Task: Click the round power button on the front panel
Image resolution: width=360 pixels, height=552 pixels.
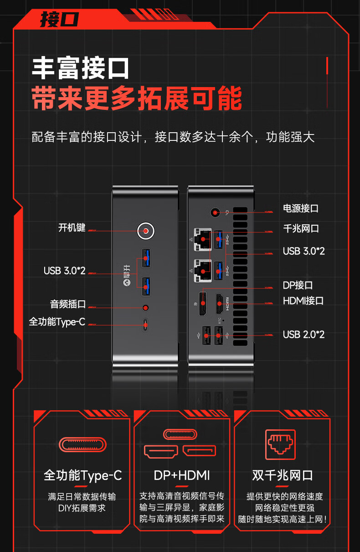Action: [146, 231]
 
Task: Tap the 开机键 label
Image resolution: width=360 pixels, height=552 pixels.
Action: [72, 227]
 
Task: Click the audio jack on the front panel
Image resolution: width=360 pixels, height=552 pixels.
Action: [146, 308]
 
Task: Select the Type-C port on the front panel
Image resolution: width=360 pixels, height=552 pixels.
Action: [145, 325]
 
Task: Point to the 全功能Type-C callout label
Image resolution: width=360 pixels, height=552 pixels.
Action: [57, 322]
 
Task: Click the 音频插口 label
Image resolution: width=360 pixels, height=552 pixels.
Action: [68, 304]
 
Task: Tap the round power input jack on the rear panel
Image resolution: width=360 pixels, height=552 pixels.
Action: [215, 212]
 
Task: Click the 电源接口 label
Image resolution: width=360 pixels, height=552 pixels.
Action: [301, 208]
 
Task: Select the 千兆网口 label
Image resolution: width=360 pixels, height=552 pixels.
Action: [301, 228]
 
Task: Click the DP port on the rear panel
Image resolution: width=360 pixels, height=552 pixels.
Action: [203, 304]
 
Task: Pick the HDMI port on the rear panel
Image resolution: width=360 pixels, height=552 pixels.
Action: [219, 304]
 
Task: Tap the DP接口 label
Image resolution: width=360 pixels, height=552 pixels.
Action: [298, 285]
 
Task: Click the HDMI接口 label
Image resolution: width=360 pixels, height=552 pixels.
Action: [303, 301]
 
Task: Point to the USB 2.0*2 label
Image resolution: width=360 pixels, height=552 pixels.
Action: [303, 335]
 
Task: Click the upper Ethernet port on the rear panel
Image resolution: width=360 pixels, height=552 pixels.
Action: [203, 239]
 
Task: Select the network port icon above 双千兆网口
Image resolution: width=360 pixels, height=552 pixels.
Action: [280, 444]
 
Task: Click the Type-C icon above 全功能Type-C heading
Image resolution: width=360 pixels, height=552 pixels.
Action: [82, 444]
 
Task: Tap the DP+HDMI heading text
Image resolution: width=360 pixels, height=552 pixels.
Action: [182, 475]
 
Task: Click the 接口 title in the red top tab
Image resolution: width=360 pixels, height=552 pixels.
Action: [59, 19]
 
